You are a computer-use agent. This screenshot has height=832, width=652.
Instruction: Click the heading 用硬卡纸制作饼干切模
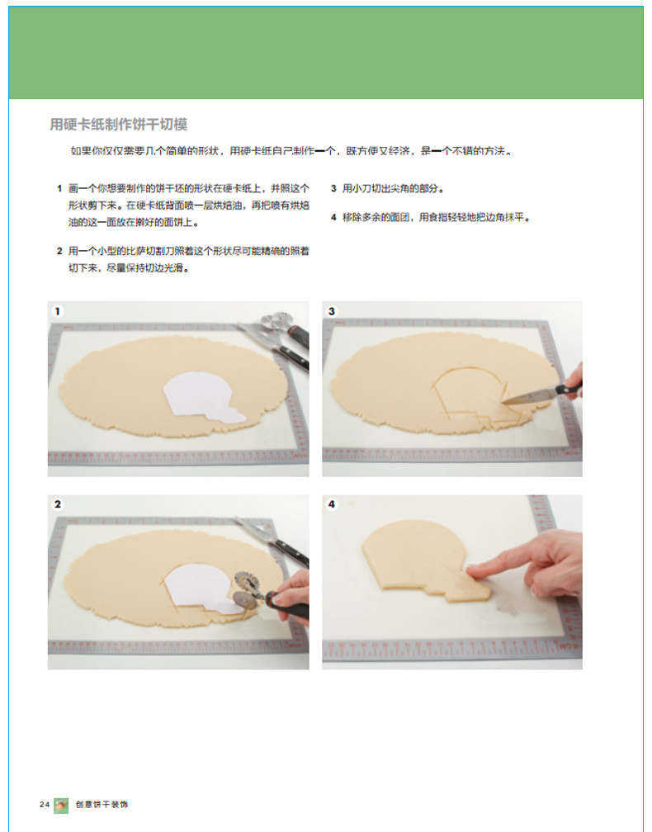click(x=118, y=125)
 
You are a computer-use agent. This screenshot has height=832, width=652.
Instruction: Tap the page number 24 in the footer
click(x=44, y=805)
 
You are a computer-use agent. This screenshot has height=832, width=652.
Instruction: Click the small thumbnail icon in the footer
click(x=61, y=806)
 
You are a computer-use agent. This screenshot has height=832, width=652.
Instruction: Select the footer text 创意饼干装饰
click(x=102, y=805)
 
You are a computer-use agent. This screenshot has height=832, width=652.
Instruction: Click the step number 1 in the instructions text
click(x=59, y=188)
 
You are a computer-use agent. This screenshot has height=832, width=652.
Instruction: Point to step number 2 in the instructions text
click(x=59, y=251)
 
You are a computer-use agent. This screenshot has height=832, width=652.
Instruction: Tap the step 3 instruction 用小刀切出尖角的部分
click(x=393, y=188)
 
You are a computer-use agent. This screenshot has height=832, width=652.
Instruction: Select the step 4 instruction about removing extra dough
click(x=436, y=217)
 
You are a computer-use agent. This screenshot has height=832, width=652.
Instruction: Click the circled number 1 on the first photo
click(x=57, y=311)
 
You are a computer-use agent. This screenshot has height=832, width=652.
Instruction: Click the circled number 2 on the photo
click(x=57, y=504)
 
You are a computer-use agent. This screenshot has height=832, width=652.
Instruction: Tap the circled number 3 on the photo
click(x=332, y=311)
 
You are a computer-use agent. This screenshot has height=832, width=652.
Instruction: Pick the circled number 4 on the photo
click(x=332, y=504)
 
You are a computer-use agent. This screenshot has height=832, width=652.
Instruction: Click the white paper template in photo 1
click(x=199, y=397)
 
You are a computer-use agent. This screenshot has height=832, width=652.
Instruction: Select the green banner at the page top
click(x=326, y=53)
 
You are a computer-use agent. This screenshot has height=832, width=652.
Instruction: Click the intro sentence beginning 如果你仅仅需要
click(x=292, y=151)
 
